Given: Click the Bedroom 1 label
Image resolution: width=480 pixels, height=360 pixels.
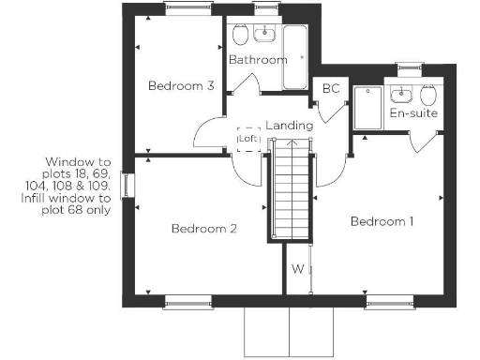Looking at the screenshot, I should [382, 222].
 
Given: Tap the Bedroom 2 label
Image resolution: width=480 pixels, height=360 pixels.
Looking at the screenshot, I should [202, 229].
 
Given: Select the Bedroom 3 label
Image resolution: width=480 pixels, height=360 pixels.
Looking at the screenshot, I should [181, 86].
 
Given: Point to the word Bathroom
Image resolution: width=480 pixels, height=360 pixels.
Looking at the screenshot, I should [258, 60].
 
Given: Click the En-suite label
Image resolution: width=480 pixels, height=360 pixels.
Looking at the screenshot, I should [413, 114].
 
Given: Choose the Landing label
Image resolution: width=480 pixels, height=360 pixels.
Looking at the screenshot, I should [289, 125].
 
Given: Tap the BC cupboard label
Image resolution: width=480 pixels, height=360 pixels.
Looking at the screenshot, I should [331, 89].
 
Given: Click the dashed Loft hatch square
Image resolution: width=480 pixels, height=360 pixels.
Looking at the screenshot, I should [248, 139].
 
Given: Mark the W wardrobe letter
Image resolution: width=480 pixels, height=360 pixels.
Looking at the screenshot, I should [297, 270].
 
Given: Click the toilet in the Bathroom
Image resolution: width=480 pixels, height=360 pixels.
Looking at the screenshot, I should [241, 35].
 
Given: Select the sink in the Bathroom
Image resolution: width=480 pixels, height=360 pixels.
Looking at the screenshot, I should [265, 33].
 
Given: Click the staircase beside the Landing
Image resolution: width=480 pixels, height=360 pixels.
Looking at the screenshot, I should [292, 192].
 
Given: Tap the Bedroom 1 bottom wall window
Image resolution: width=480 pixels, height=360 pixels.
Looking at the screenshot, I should [388, 301].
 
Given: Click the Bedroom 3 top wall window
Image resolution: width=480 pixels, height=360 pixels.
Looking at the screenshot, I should [183, 8].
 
